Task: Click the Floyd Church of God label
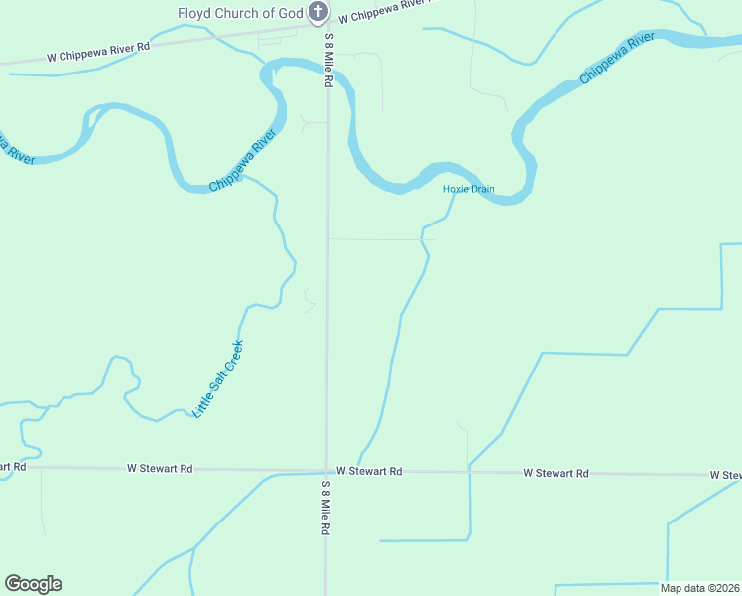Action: tap(240, 13)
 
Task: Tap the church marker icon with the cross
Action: tap(317, 12)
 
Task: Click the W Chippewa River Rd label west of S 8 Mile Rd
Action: tap(98, 52)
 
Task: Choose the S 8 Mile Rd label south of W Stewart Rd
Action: tap(325, 509)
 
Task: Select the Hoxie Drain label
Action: tap(468, 189)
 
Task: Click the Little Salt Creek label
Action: tap(218, 378)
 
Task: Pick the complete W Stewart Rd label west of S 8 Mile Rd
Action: tap(160, 467)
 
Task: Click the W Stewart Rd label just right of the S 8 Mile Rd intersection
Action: tap(369, 471)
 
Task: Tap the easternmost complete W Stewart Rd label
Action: tap(556, 474)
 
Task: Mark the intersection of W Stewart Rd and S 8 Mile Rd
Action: tap(327, 470)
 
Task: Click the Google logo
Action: tap(33, 584)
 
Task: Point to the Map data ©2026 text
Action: tap(700, 588)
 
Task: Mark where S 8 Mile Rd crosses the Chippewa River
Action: tap(327, 66)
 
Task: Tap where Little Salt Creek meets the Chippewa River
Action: tap(246, 177)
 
